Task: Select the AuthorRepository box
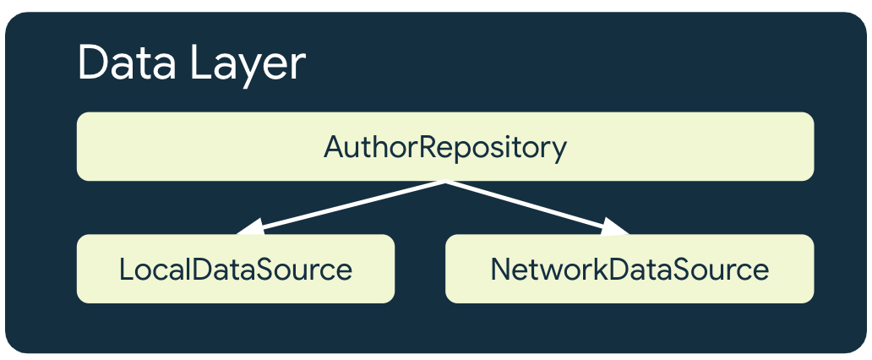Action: pos(445,147)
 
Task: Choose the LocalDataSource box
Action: pos(236,270)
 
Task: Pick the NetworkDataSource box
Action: pos(629,270)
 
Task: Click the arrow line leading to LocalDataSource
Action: pos(346,205)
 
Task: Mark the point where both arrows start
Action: pos(444,182)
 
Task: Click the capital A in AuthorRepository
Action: pos(333,147)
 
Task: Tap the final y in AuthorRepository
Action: pos(559,150)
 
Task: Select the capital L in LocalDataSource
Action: pos(126,270)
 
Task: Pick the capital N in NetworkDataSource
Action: pos(500,270)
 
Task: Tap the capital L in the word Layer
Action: pos(199,63)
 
